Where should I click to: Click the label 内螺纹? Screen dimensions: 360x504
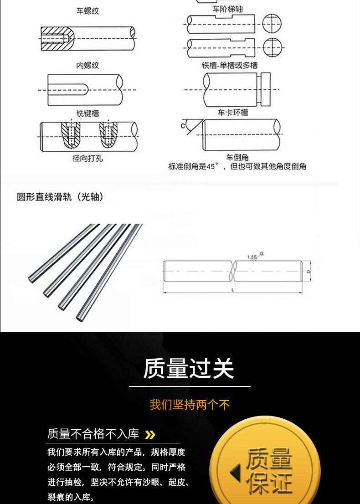(87, 66)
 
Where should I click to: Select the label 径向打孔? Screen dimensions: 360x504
(87, 158)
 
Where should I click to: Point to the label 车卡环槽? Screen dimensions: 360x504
(233, 113)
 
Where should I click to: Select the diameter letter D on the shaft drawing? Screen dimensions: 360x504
(309, 272)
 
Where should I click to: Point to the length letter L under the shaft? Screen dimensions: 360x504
(233, 290)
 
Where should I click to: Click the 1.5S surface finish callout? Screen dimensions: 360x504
(252, 257)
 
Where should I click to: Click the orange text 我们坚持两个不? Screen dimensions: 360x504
(190, 404)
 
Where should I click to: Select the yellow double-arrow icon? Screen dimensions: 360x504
(150, 434)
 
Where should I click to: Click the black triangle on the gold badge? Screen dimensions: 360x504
(235, 473)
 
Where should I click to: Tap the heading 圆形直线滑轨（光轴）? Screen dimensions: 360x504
(60, 197)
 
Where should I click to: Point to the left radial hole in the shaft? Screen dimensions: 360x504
(70, 135)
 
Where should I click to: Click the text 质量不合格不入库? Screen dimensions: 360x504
(93, 434)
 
